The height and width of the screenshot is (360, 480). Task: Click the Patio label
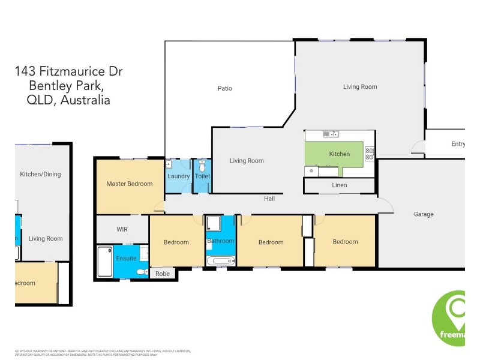pos(224,89)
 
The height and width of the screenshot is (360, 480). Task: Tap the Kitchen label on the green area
pos(339,154)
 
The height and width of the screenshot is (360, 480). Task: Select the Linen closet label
pos(339,185)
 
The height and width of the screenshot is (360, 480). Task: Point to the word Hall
pos(269,199)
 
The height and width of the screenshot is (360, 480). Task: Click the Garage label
pos(424,214)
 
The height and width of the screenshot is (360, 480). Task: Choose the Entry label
pos(458,144)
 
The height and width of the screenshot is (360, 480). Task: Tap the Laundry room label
pos(178,176)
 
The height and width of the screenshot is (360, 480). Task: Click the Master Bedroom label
pos(129,184)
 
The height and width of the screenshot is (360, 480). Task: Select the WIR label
pos(122,229)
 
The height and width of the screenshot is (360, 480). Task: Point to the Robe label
pos(163,274)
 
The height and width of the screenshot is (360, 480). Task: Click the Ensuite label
pos(127,258)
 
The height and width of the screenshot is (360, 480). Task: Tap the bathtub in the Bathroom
pos(221,262)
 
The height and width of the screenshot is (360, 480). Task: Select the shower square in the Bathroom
pos(214,224)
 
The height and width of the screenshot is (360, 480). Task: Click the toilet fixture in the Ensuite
pos(142,272)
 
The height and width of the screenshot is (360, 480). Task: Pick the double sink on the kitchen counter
pos(331,134)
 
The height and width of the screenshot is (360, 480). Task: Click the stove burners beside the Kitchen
pos(370,154)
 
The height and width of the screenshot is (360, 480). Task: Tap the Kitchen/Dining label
pos(40,175)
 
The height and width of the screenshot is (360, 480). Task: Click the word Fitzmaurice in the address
pos(67,72)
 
